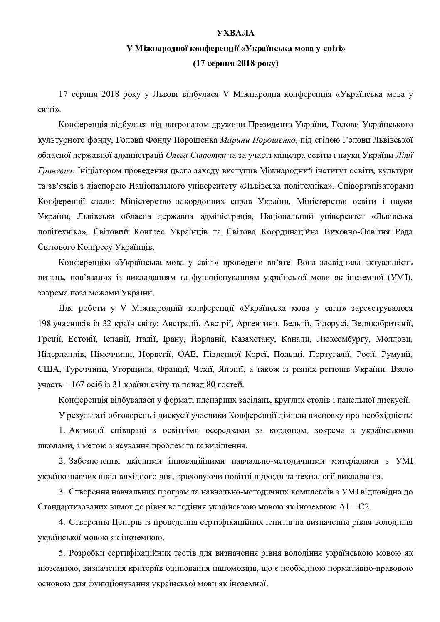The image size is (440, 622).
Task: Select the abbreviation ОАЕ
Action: [x=186, y=354]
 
